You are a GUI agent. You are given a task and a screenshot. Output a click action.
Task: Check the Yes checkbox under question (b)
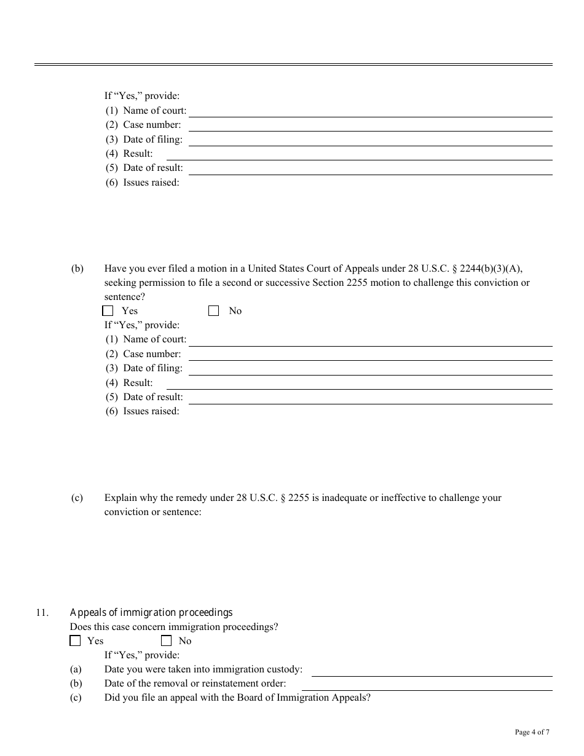[x=108, y=311]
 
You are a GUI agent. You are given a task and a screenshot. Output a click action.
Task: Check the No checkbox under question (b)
[x=214, y=311]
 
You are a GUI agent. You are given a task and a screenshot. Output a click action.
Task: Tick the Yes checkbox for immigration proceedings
[x=75, y=641]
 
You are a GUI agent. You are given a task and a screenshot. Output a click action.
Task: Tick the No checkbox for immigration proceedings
[x=166, y=641]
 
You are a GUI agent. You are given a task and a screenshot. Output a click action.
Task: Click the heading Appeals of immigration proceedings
[x=151, y=613]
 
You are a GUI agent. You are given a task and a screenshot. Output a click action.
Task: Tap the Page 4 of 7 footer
[x=532, y=732]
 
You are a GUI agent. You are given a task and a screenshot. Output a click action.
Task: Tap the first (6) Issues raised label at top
[x=142, y=183]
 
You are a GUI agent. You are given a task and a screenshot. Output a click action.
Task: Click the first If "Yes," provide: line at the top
[x=142, y=96]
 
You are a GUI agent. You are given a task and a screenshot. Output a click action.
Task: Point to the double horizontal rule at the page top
[x=293, y=65]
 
